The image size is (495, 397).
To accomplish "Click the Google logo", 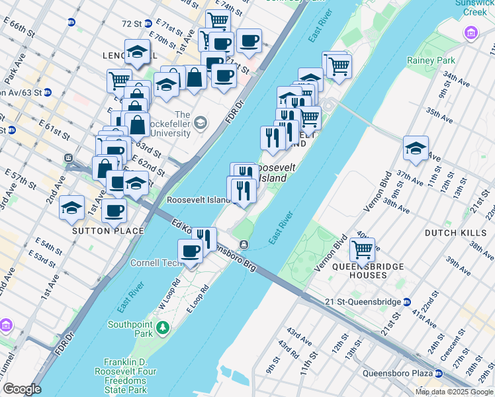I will tap(22, 389).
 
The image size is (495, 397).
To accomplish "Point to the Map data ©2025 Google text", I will tap(454, 392).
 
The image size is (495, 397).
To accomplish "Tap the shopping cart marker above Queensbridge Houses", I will tap(362, 250).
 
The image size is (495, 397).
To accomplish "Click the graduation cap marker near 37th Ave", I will tap(416, 148).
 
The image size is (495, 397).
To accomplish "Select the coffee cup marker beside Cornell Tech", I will tap(190, 251).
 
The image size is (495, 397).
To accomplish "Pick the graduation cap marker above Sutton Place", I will tap(71, 208).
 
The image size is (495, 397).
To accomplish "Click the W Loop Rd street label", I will tap(169, 291).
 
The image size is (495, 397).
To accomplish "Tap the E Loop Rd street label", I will tap(198, 298).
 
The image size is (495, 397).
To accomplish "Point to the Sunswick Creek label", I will tap(474, 7).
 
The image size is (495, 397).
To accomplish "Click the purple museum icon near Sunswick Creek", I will tap(472, 32).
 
